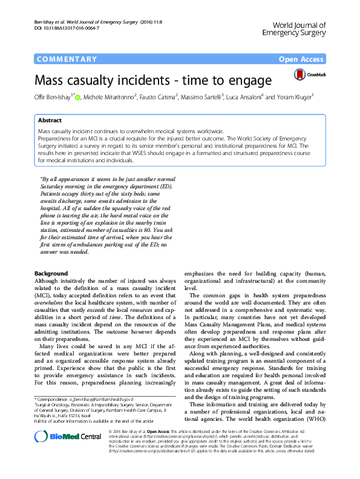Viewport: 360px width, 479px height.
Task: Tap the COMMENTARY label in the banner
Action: pyautogui.click(x=67, y=59)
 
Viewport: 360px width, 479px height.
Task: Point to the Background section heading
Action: pyautogui.click(x=51, y=273)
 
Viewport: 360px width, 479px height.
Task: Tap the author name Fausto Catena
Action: pyautogui.click(x=159, y=97)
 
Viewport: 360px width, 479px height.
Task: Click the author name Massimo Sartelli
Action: pyautogui.click(x=203, y=97)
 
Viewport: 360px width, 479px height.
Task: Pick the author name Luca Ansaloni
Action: pyautogui.click(x=246, y=97)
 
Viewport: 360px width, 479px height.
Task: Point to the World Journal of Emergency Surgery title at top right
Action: pyautogui.click(x=292, y=29)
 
